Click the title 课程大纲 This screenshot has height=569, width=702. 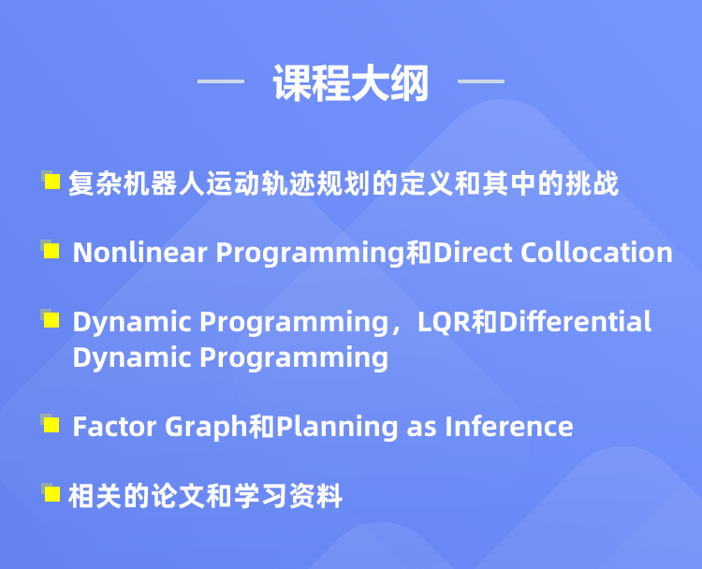(x=351, y=82)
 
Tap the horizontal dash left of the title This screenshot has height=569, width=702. (x=221, y=81)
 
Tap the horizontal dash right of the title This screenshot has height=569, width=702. (x=481, y=81)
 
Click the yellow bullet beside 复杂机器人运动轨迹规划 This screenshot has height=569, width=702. (x=51, y=182)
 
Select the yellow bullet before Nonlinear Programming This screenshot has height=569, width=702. (x=51, y=251)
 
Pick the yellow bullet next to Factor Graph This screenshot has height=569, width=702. (x=51, y=424)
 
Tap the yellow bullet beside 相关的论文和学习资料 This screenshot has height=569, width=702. (x=51, y=494)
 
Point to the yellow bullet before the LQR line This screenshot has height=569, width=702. (x=51, y=320)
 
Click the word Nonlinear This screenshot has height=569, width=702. (x=140, y=252)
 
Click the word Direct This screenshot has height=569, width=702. (x=473, y=252)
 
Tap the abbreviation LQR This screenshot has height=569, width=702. (x=444, y=322)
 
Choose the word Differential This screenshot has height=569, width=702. (x=575, y=321)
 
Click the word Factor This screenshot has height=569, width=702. (x=114, y=426)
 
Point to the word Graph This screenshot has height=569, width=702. (x=207, y=428)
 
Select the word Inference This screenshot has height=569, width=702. (x=509, y=426)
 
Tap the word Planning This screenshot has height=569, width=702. (x=337, y=428)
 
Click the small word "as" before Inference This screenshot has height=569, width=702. (x=421, y=429)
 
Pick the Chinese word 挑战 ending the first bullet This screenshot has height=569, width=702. (x=592, y=183)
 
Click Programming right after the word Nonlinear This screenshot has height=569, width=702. (x=311, y=254)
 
